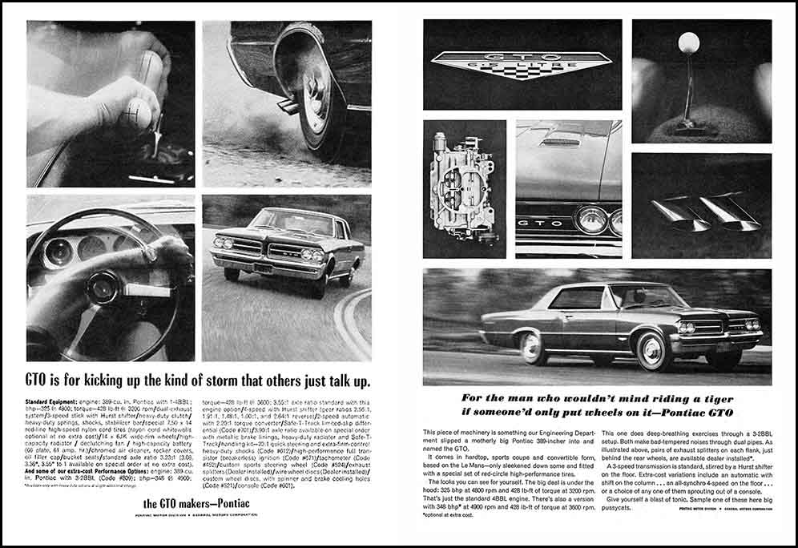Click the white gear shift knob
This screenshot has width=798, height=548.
click(x=688, y=42)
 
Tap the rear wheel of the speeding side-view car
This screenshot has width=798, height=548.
click(x=532, y=347)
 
